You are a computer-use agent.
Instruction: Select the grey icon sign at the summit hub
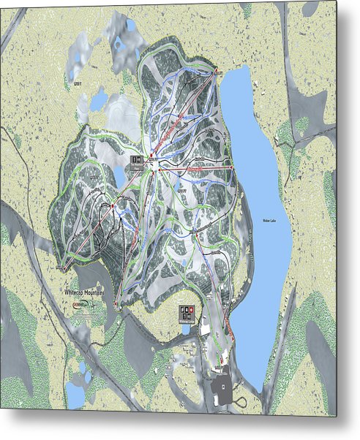pyautogui.click(x=135, y=160)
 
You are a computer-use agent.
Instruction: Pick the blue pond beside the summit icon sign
pyautogui.click(x=119, y=175)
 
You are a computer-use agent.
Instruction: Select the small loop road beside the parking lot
pyautogui.click(x=239, y=401)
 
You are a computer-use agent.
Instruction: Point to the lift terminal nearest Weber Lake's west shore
pyautogui.click(x=232, y=167)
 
